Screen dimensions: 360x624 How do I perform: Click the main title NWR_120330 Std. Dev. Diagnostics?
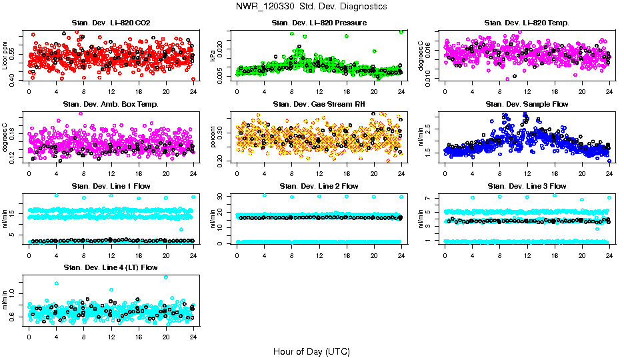pyautogui.click(x=311, y=7)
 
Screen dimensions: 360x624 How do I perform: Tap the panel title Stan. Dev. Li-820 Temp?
pyautogui.click(x=527, y=23)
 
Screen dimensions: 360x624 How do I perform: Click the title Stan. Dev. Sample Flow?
pyautogui.click(x=527, y=105)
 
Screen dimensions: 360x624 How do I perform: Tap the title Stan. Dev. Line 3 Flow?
pyautogui.click(x=527, y=186)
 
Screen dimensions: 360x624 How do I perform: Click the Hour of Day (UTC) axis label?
pyautogui.click(x=311, y=351)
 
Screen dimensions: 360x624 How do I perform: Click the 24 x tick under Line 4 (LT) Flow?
pyautogui.click(x=193, y=337)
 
